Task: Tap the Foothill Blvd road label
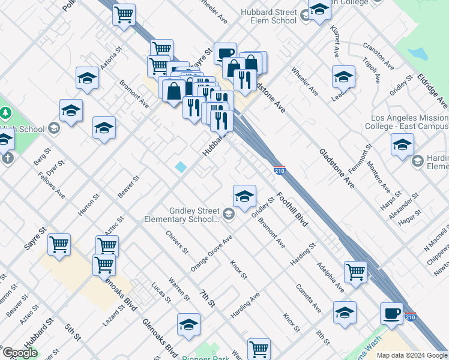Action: coord(292,209)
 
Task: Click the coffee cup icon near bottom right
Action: coord(392,313)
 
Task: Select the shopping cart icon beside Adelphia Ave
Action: coord(356,271)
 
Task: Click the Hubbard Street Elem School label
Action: coord(268,16)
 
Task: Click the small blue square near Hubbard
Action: coord(181,167)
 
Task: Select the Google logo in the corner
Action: coord(19,353)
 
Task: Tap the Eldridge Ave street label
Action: coord(432,88)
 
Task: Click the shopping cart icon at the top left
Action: coord(124,14)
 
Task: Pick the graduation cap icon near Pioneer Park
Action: coord(189,325)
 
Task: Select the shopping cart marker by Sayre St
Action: coord(59,244)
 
